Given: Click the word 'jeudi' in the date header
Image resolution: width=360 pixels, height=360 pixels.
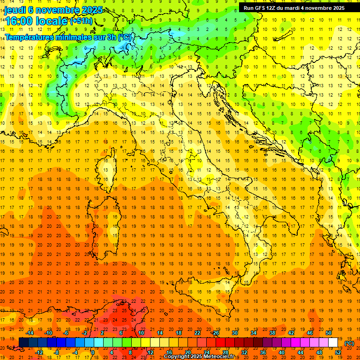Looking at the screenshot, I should click(15, 10).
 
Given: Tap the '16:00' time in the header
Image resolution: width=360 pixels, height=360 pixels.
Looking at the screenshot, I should click(18, 21).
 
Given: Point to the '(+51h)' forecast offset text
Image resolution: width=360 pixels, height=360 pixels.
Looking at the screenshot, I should click(81, 21).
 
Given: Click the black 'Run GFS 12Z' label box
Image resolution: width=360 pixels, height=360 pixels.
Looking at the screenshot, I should click(294, 7).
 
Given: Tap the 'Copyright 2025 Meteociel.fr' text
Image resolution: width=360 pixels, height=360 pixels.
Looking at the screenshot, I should click(199, 357).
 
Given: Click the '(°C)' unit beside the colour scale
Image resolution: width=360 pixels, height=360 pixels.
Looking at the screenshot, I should click(349, 343).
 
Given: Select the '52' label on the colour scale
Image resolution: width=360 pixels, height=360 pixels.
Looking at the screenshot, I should click(337, 352).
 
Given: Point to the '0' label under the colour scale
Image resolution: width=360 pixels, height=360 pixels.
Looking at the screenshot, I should click(93, 352).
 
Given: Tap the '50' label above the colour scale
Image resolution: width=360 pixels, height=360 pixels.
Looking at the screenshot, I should click(329, 333).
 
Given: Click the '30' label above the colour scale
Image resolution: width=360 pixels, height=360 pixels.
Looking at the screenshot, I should click(234, 333).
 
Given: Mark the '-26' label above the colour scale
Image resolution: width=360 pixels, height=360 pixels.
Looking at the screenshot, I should click(215, 333).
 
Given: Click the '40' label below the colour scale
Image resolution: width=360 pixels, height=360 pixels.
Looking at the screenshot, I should click(281, 352).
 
